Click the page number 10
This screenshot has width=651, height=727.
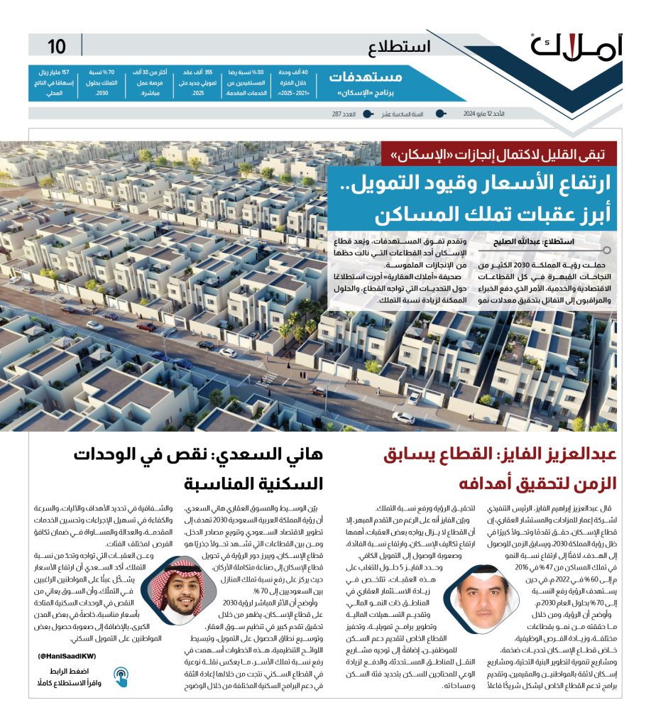[57, 47]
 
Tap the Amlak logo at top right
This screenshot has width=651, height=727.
[576, 46]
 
